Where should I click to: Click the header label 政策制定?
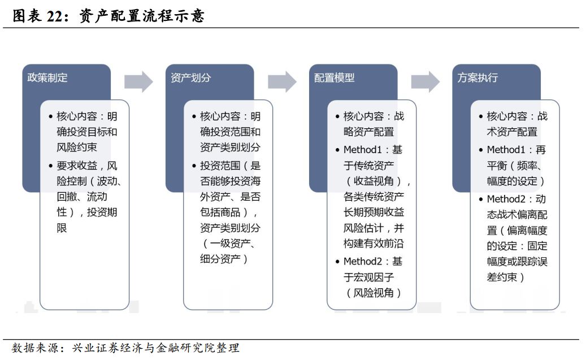pos(47,78)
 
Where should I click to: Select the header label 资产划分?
pos(191,78)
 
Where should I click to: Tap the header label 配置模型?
pos(335,78)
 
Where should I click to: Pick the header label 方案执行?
pos(478,78)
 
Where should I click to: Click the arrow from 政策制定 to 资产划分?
pos(138,81)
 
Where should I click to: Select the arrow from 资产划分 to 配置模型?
pos(282,81)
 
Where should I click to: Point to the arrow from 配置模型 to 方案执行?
pos(426,81)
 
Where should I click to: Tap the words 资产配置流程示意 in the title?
pos(142,16)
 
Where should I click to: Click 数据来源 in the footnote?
pos(35,348)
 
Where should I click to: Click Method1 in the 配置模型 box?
pos(363,150)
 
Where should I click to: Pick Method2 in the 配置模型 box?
pos(363,261)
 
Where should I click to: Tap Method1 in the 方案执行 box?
pos(506,150)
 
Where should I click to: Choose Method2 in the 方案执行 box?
pos(506,199)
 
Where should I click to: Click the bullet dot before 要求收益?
pos(51,166)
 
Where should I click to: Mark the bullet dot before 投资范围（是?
pos(194,166)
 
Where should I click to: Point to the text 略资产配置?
pos(369,132)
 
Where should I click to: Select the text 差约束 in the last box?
pos(502,277)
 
